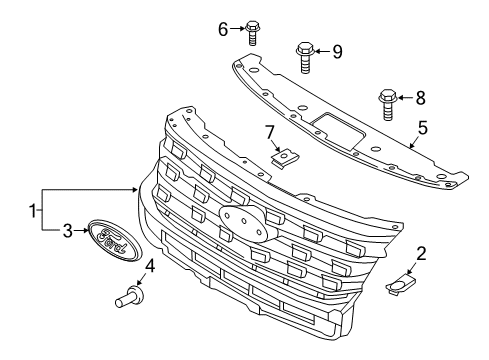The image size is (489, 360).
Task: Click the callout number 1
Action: pos(34,212)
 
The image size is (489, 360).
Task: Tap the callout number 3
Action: pos(68,231)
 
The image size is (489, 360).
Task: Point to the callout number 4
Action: pos(150,266)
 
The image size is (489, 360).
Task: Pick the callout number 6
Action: pos(223,29)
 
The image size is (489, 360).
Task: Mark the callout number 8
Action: pos(421,98)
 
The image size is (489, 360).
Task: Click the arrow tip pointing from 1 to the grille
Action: pos(138,188)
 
